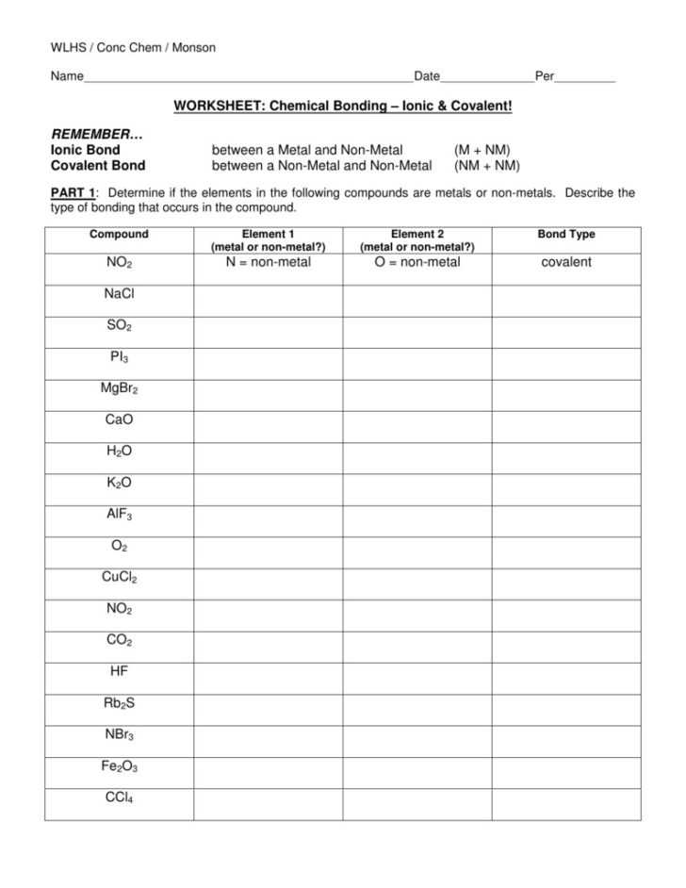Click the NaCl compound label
point(119,294)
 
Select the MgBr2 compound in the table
point(119,388)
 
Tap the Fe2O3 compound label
point(119,767)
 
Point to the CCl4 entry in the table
point(119,798)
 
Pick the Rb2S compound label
point(119,703)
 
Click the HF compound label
point(119,672)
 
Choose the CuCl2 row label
point(119,578)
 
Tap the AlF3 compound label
point(119,515)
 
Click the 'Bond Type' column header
point(566,235)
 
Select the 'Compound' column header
point(119,235)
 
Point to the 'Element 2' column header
point(417,235)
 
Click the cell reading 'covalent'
point(566,262)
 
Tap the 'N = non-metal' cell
point(268,262)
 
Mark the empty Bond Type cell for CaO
point(566,419)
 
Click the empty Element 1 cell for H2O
point(268,452)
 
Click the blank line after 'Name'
point(248,77)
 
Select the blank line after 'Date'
point(486,77)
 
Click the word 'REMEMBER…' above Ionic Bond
point(90,135)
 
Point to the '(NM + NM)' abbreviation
point(486,165)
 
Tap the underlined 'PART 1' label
point(72,193)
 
